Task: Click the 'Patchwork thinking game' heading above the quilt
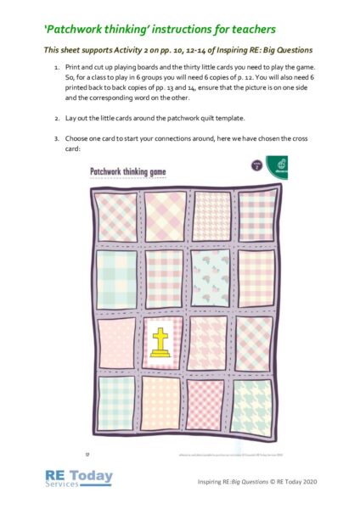coord(128,171)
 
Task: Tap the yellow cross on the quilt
coord(160,342)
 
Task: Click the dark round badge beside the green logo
coord(251,165)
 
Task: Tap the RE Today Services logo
coord(80,479)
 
